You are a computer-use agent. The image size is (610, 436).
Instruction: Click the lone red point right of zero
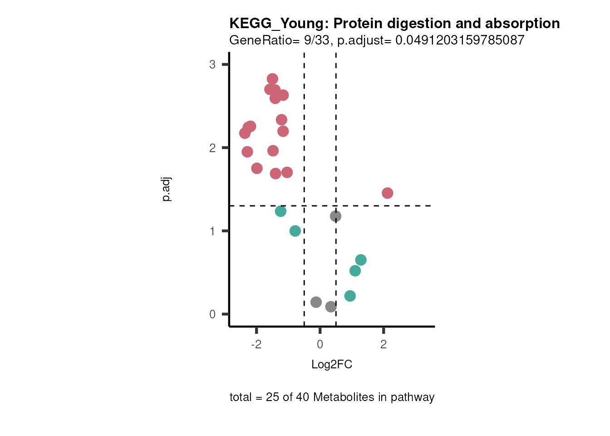click(387, 193)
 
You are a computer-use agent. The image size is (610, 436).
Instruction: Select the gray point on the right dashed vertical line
click(335, 216)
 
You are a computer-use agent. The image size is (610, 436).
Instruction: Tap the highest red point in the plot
click(272, 79)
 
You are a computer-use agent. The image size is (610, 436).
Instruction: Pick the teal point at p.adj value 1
click(295, 231)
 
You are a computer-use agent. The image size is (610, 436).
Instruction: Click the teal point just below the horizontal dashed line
click(280, 211)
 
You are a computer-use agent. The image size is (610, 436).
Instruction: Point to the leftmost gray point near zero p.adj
click(316, 302)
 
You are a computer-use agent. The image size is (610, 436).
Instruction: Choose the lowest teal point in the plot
click(350, 296)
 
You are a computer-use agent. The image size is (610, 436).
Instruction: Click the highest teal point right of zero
click(361, 260)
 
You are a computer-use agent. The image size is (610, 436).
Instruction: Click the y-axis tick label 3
click(212, 64)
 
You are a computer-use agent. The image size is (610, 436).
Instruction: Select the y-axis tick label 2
click(212, 148)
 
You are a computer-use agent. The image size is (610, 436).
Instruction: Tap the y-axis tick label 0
click(212, 314)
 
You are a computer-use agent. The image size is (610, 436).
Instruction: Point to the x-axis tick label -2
click(256, 345)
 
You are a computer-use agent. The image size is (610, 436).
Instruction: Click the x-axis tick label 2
click(384, 345)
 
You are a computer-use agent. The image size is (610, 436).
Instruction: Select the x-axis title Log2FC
click(332, 365)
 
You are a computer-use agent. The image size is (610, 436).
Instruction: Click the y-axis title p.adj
click(167, 189)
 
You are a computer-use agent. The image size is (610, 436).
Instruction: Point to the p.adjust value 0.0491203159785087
click(460, 40)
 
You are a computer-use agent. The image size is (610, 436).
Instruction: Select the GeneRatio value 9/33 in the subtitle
click(317, 40)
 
